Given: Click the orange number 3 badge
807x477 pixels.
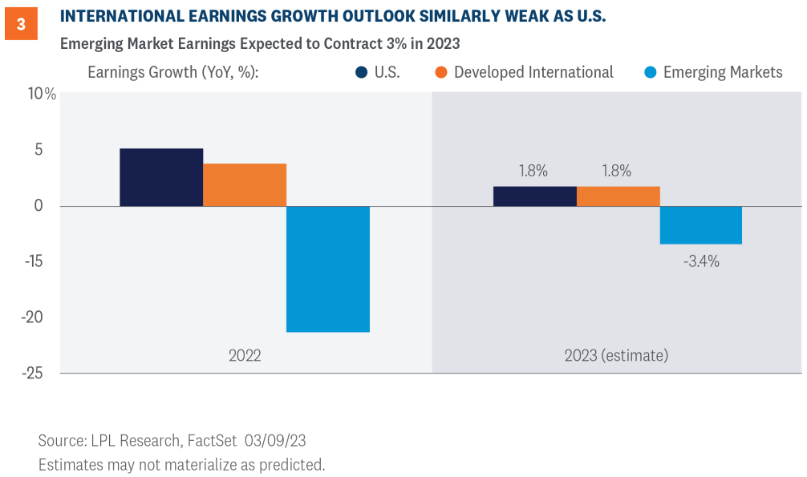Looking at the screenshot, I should click(x=22, y=24).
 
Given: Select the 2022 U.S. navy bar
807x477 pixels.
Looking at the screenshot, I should click(x=161, y=177).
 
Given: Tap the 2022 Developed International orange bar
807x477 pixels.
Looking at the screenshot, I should click(x=245, y=185).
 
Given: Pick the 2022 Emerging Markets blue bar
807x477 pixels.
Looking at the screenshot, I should click(x=328, y=269).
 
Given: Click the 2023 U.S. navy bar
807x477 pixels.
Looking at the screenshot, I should click(x=535, y=196).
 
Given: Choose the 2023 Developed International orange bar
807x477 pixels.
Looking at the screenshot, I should click(x=618, y=196).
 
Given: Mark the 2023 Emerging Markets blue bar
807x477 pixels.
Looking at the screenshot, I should click(x=701, y=225).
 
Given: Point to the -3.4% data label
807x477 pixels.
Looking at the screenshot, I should click(x=701, y=261).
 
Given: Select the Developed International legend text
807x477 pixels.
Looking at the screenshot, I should click(x=533, y=72).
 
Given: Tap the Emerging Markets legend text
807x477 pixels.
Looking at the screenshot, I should click(x=723, y=72).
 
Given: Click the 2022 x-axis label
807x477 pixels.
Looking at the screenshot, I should click(x=244, y=354).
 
